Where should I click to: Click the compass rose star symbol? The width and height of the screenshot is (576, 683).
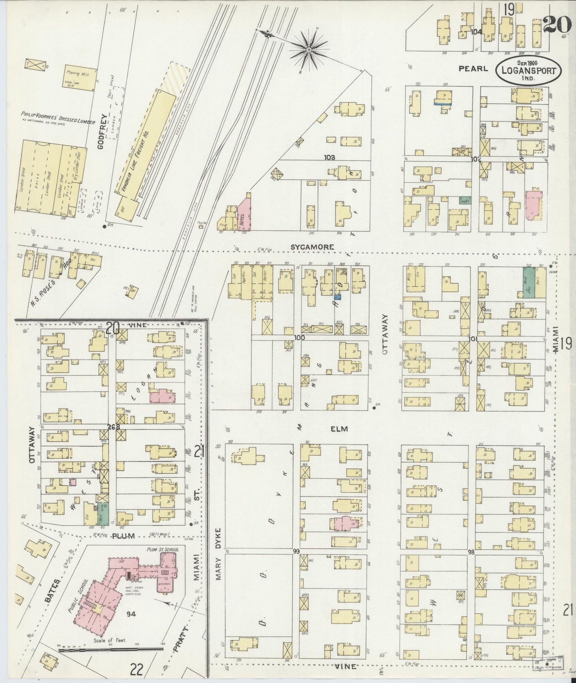coord(309,49)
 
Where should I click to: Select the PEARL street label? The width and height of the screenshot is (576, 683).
coord(473,69)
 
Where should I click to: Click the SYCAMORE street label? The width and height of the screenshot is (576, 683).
coord(312,247)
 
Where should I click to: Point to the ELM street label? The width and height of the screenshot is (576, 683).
coord(339,429)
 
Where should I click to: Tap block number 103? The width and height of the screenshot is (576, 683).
coord(330,158)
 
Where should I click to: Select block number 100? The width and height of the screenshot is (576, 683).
coord(299,338)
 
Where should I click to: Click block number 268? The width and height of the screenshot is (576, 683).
coord(113,427)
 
